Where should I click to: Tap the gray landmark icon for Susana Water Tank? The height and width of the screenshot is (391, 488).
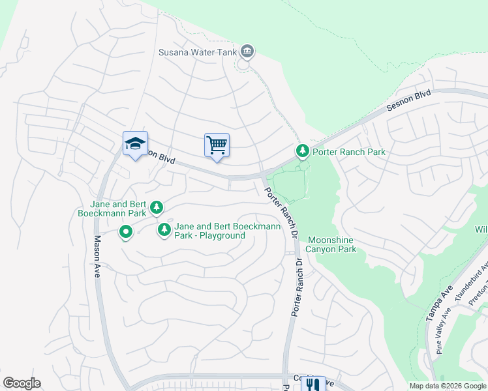pyautogui.click(x=247, y=51)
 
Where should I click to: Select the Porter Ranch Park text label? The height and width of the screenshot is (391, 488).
pyautogui.click(x=349, y=152)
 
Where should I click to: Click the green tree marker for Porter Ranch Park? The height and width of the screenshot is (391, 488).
pyautogui.click(x=302, y=152)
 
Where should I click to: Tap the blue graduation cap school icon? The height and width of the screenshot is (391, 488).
pyautogui.click(x=135, y=144)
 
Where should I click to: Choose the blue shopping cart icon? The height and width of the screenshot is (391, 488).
pyautogui.click(x=217, y=145)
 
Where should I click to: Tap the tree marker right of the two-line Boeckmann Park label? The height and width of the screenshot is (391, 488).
pyautogui.click(x=157, y=208)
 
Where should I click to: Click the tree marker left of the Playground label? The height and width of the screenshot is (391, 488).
pyautogui.click(x=164, y=229)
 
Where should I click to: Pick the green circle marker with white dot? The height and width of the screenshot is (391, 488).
pyautogui.click(x=125, y=231)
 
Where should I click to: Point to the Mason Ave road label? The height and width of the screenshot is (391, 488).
pyautogui.click(x=96, y=257)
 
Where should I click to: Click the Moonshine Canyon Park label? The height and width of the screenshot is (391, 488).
pyautogui.click(x=331, y=244)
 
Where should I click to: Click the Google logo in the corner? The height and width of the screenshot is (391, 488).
pyautogui.click(x=22, y=383)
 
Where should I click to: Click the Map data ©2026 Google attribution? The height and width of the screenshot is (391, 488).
pyautogui.click(x=448, y=386)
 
